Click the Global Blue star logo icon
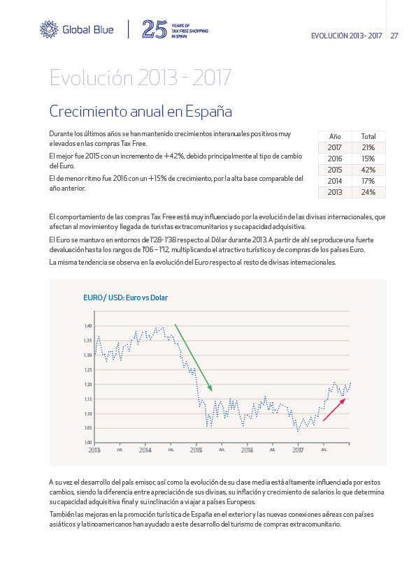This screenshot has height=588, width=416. [x=49, y=29]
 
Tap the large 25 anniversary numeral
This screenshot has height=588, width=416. [x=155, y=29]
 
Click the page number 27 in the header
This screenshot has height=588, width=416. [x=394, y=36]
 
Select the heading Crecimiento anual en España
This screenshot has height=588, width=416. [x=141, y=111]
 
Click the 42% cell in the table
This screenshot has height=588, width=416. [x=368, y=170]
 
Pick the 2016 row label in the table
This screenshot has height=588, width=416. [x=334, y=159]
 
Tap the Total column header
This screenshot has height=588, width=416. [x=368, y=136]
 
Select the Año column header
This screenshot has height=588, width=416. [x=334, y=136]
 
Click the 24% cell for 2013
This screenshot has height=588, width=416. [x=368, y=192]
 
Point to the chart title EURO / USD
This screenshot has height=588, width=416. [x=125, y=297]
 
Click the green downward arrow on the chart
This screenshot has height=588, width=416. [x=194, y=358]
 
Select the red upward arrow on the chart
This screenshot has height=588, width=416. [x=334, y=409]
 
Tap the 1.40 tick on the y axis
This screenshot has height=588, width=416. [x=88, y=326]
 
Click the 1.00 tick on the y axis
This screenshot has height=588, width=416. [x=88, y=443]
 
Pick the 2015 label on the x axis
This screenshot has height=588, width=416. [x=196, y=450]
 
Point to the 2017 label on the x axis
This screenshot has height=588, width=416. [x=298, y=450]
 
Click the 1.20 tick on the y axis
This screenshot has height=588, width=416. [x=88, y=384]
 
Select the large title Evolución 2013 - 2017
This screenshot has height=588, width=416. [x=141, y=78]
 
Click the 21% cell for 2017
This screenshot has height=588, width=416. [x=368, y=148]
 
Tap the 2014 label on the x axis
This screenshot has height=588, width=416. [x=145, y=450]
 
